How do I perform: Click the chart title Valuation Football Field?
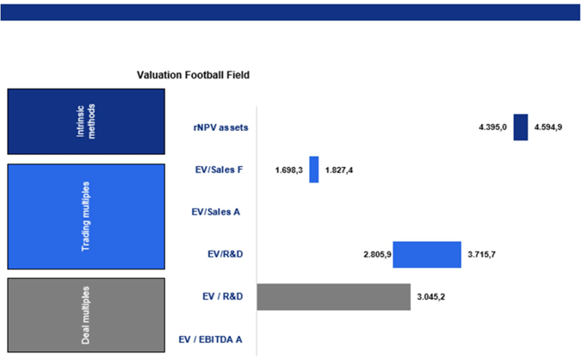(x=193, y=75)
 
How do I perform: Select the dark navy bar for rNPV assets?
(x=520, y=127)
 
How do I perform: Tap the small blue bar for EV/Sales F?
(x=314, y=169)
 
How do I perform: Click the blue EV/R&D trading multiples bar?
(x=427, y=254)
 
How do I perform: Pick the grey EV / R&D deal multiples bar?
(x=334, y=296)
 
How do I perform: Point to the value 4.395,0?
(x=493, y=127)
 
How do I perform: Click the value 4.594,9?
(x=549, y=127)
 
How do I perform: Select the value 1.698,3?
(x=289, y=170)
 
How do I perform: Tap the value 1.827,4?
(x=339, y=170)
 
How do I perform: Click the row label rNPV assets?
(x=220, y=127)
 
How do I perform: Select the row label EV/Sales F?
(x=219, y=170)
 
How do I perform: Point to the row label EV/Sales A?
(x=216, y=212)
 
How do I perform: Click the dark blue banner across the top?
(x=290, y=11)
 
